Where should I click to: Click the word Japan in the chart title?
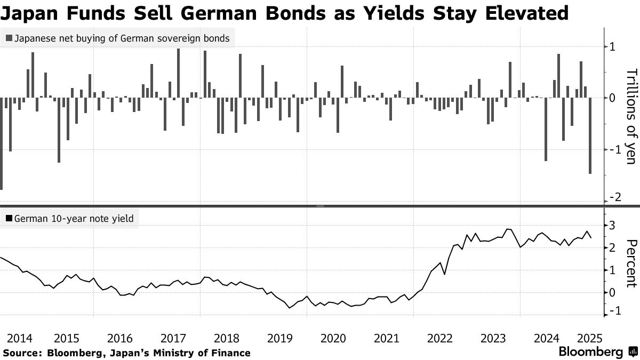31,12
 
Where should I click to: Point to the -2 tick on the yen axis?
612,198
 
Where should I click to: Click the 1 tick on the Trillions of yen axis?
612,47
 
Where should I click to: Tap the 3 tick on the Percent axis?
612,225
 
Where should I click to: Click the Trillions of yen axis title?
630,116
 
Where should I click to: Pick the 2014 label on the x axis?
20,338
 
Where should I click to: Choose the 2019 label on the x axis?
280,338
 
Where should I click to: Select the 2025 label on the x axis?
589,338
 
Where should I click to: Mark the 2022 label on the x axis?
440,338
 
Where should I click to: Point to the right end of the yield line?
590,238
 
